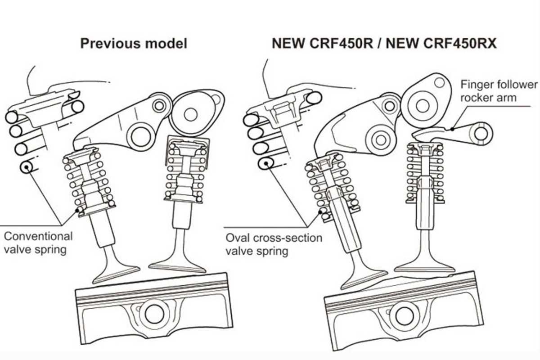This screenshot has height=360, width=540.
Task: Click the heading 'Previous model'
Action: [x=134, y=44]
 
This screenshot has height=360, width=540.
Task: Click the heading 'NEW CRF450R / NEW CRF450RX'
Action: [x=384, y=44]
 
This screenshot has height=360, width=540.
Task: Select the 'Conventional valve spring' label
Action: [x=38, y=243]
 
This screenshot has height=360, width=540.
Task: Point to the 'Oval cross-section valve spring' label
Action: [x=274, y=244]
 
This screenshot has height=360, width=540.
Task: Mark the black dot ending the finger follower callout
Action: [x=454, y=129]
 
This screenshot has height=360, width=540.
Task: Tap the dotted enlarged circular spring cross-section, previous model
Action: [x=27, y=168]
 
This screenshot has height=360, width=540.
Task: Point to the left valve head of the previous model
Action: [x=117, y=272]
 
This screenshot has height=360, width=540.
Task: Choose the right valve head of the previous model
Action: [x=177, y=266]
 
